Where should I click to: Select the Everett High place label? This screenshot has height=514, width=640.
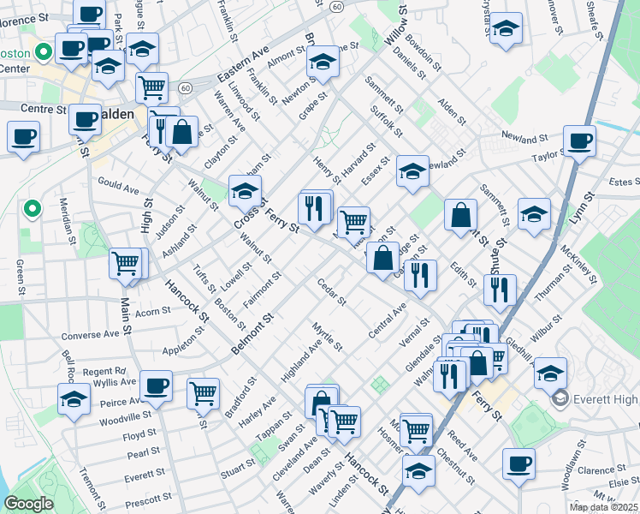tap(600, 397)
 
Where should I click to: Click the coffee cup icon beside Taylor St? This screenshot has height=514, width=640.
tap(579, 140)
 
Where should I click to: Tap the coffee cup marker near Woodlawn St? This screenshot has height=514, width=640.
tap(519, 464)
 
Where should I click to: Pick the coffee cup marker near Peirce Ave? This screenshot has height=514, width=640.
tap(156, 385)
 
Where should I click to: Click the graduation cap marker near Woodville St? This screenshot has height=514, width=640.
tap(74, 399)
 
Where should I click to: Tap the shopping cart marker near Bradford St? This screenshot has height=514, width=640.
tap(204, 392)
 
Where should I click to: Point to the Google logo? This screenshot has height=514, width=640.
tap(28, 503)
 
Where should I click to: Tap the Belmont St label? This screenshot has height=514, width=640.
tap(250, 335)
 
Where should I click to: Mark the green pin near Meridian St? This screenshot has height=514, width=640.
tap(32, 208)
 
